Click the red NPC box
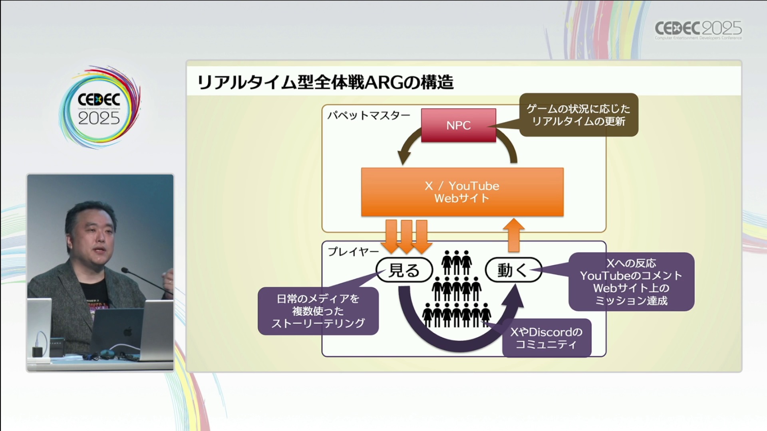pyautogui.click(x=458, y=125)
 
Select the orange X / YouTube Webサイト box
pyautogui.click(x=462, y=192)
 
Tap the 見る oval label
pyautogui.click(x=404, y=270)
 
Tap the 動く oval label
pyautogui.click(x=513, y=270)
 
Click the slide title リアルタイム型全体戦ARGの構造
pyautogui.click(x=325, y=82)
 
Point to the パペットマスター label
pyautogui.click(x=368, y=116)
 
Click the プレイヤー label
pyautogui.click(x=353, y=252)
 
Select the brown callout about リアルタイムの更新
pyautogui.click(x=578, y=115)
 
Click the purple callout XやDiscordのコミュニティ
pyautogui.click(x=546, y=338)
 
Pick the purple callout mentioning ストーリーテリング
pyautogui.click(x=318, y=311)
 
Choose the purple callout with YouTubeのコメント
pyautogui.click(x=631, y=282)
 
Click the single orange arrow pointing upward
pyautogui.click(x=513, y=235)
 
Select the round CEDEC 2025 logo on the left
pyautogui.click(x=99, y=108)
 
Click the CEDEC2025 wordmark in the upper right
pyautogui.click(x=698, y=29)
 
